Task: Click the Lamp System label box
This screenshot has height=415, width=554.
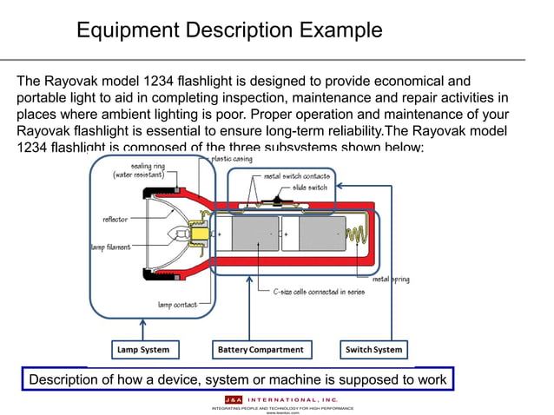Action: coord(143,350)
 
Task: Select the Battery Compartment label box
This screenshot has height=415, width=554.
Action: coord(260,350)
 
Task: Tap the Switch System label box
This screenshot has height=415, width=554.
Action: coord(373,350)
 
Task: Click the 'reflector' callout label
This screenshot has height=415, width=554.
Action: coord(115,219)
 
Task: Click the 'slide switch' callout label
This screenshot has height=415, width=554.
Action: coord(309,187)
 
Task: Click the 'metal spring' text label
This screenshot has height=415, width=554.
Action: coord(392,280)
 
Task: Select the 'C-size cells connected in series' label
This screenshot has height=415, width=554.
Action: coord(318,292)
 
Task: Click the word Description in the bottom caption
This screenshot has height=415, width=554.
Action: coord(71,379)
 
